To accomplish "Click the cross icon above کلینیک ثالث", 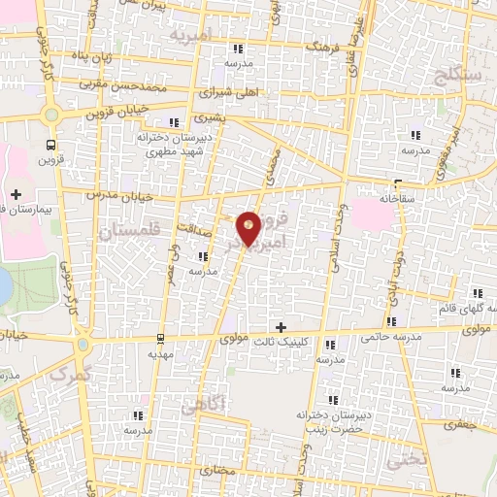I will (x=282, y=327).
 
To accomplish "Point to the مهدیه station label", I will (x=159, y=355).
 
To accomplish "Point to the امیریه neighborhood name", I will (x=189, y=36).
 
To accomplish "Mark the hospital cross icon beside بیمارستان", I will (x=16, y=194).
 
